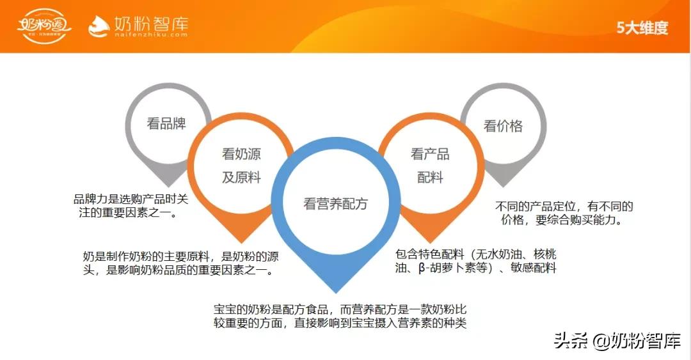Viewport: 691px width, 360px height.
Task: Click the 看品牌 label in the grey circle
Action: (x=166, y=123)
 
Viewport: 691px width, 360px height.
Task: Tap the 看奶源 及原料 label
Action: (x=241, y=166)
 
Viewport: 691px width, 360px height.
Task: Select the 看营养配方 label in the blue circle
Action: (x=336, y=203)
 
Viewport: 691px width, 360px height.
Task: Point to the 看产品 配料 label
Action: (x=430, y=166)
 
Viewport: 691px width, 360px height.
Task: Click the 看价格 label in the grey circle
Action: (x=503, y=126)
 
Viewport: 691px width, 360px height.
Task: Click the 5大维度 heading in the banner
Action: (x=642, y=27)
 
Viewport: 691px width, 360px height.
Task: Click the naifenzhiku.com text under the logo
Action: (x=151, y=36)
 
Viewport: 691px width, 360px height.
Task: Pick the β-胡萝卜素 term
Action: (x=449, y=269)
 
